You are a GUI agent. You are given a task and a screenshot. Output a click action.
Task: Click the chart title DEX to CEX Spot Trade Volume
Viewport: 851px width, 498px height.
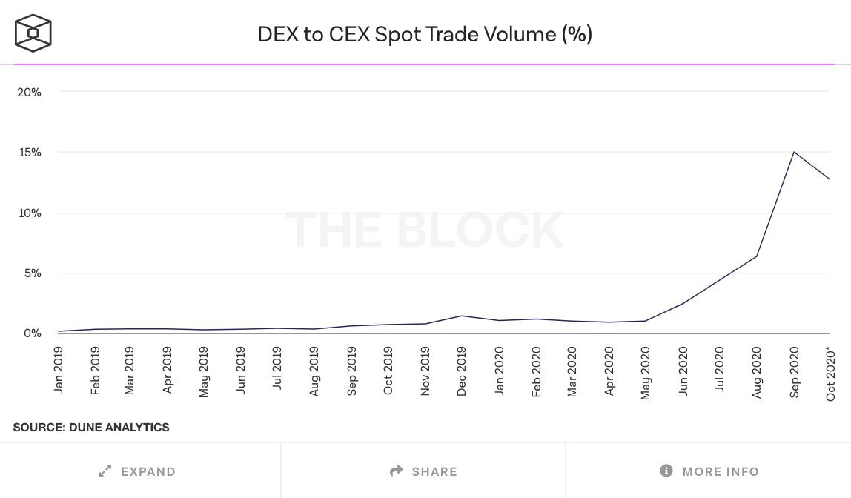tap(425, 34)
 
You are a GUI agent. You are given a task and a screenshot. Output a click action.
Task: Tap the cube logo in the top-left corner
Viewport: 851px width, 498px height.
tap(33, 33)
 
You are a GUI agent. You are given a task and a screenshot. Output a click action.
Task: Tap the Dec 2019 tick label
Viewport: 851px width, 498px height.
tap(462, 371)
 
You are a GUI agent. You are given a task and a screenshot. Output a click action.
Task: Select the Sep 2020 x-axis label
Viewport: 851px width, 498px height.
tap(795, 371)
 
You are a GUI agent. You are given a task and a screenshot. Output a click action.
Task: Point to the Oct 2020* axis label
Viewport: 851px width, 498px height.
tap(831, 373)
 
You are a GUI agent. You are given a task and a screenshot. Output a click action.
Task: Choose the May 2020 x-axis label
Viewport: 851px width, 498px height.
tap(646, 371)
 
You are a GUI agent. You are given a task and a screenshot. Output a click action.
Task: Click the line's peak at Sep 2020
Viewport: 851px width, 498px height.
tap(794, 152)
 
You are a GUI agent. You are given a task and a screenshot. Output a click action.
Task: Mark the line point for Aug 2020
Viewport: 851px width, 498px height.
tap(757, 256)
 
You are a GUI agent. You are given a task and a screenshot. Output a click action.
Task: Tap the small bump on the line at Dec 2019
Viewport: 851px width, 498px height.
tap(462, 316)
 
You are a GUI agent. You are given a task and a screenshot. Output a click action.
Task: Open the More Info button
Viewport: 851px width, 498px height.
tap(709, 471)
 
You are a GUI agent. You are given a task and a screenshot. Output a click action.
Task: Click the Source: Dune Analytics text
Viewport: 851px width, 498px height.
tap(91, 427)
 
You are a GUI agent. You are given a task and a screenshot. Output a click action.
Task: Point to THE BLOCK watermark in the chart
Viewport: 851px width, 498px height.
tap(424, 230)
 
